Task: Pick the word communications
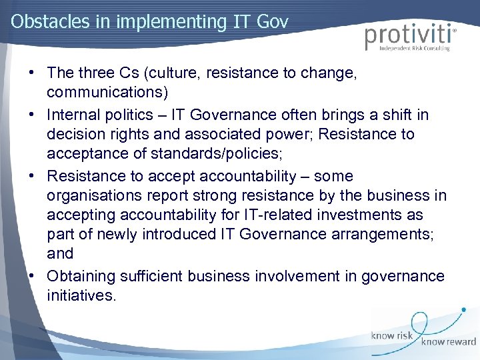click(107, 91)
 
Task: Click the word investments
click(359, 215)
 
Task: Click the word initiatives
click(81, 295)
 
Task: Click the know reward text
click(448, 342)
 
